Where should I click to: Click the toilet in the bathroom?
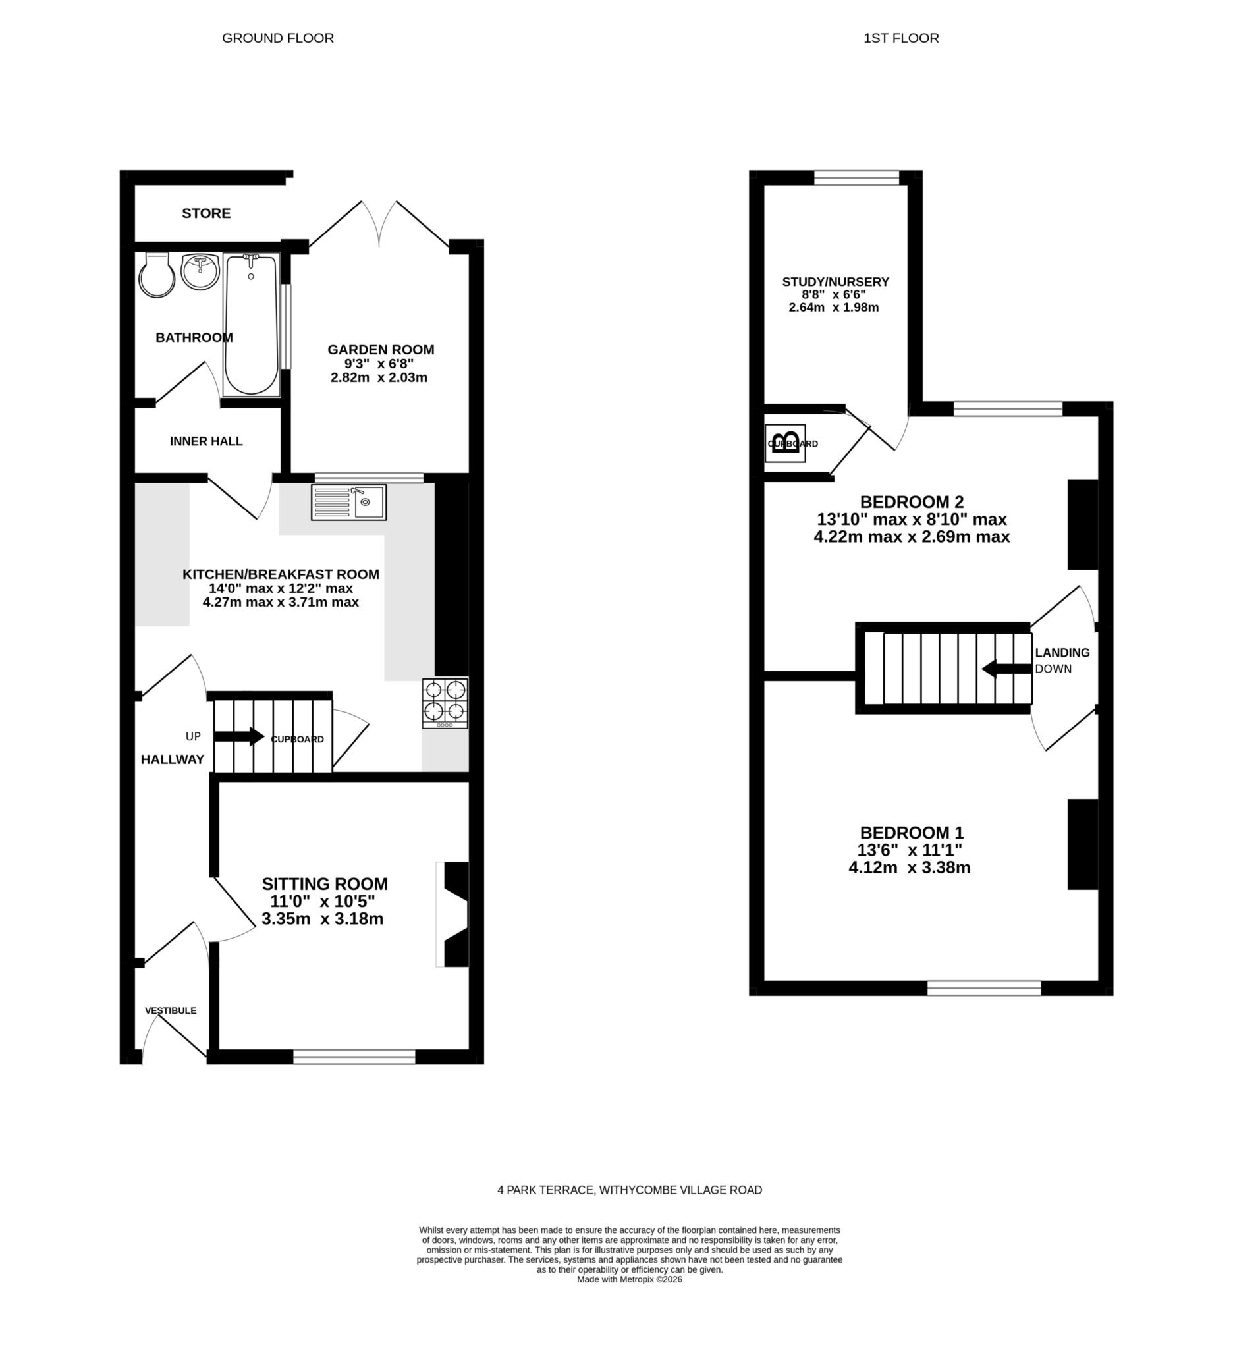tap(157, 275)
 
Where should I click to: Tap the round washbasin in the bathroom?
tap(199, 271)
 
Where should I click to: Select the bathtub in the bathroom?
tap(251, 323)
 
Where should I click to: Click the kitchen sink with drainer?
tap(348, 502)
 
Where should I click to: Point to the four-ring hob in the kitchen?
tap(445, 703)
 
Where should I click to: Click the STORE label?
tap(206, 213)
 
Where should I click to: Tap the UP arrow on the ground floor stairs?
tap(238, 736)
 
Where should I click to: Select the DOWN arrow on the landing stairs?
tap(1006, 669)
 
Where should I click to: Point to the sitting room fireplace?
tap(454, 914)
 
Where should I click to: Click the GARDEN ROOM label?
tap(380, 349)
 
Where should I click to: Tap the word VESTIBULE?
tap(171, 1010)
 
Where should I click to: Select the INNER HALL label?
tap(206, 441)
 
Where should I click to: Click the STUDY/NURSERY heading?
tap(835, 282)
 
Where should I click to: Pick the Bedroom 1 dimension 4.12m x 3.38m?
tap(908, 868)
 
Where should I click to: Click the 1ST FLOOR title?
tap(900, 38)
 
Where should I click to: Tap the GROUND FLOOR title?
tap(278, 38)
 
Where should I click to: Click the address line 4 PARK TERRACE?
tap(629, 1190)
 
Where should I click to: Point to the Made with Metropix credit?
tap(629, 1279)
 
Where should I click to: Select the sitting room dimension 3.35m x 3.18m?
tap(323, 919)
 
